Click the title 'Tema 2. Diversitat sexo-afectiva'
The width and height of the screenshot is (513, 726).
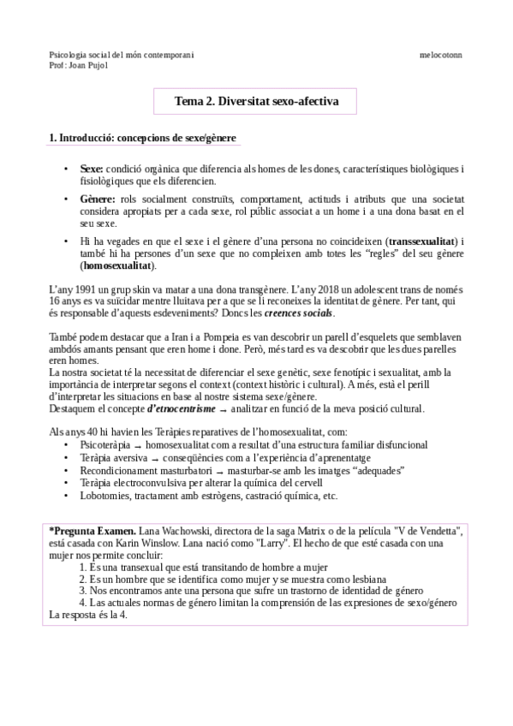click(256, 102)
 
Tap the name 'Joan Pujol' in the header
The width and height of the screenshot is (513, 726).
click(87, 64)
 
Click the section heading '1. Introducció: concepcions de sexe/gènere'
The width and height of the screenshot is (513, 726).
click(143, 138)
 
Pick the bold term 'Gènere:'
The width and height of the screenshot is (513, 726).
click(98, 199)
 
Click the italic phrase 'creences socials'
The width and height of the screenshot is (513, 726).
click(300, 313)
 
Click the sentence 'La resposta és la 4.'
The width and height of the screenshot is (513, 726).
click(88, 615)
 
